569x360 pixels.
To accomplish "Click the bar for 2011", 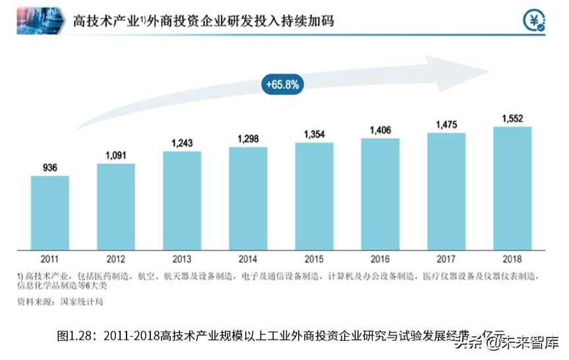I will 49,212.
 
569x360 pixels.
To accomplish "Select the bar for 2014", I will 248,198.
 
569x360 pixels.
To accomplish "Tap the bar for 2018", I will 512,188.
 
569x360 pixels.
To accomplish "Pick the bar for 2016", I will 380,194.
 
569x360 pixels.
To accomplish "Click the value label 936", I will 49,167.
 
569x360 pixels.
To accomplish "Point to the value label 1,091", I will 115,156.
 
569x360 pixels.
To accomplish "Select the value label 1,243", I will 182,143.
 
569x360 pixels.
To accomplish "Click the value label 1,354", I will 314,135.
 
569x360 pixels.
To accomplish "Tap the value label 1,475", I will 446,125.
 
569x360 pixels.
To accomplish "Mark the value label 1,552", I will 512,118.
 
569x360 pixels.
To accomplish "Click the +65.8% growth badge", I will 282,84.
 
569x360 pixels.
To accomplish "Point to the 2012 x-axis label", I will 115,259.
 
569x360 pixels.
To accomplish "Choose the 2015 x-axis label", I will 314,259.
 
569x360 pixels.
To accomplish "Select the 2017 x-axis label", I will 446,259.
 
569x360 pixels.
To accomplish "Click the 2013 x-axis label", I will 182,259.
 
